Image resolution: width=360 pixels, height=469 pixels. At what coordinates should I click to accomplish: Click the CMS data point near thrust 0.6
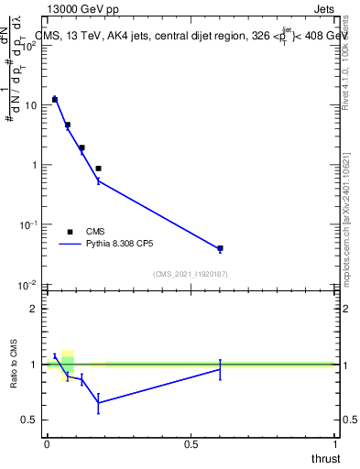[220, 248]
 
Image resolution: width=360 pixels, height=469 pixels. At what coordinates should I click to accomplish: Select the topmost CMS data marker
[55, 99]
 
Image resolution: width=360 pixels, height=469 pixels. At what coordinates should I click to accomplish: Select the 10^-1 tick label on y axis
[28, 224]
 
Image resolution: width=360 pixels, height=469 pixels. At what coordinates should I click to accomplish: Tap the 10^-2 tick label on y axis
[28, 284]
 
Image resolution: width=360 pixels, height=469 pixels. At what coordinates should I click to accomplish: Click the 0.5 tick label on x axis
[191, 444]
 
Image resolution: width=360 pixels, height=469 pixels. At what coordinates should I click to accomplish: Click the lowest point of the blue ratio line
[98, 402]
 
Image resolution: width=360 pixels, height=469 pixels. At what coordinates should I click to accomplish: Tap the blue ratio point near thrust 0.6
[220, 368]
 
